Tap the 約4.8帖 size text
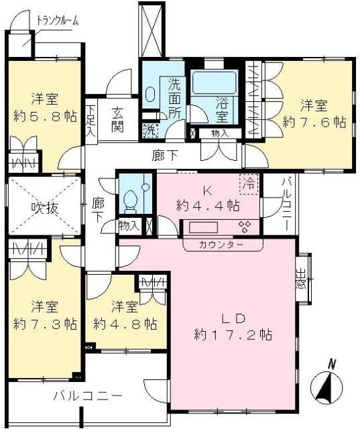125,324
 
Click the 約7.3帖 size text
45,324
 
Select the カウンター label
222,245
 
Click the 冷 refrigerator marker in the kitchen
249,182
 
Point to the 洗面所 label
174,98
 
